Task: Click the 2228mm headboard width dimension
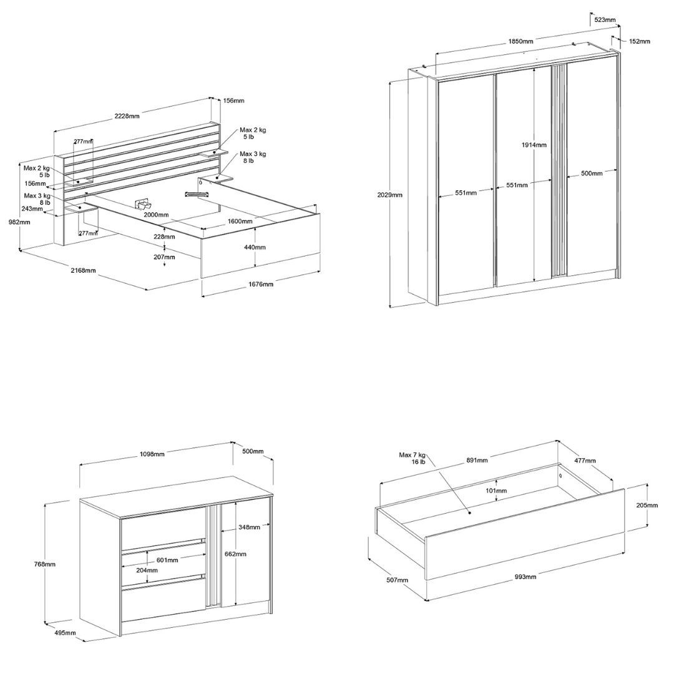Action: click(127, 115)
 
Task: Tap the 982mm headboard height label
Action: click(19, 222)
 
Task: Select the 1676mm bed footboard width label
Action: click(261, 284)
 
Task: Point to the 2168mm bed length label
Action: click(84, 270)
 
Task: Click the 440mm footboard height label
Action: click(255, 247)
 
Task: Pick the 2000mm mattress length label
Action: click(156, 215)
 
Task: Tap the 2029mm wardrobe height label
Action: click(389, 195)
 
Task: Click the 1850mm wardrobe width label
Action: click(520, 41)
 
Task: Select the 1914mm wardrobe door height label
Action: click(534, 145)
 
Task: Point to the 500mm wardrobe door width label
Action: click(592, 173)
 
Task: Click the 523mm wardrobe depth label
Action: click(605, 19)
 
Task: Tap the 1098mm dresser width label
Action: click(152, 454)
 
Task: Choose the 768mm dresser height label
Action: click(45, 564)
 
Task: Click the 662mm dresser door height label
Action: click(235, 554)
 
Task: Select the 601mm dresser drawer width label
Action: click(167, 560)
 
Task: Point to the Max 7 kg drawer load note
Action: click(413, 458)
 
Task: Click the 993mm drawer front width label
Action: click(525, 577)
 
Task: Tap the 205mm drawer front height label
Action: click(647, 505)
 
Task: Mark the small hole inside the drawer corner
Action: click(561, 476)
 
